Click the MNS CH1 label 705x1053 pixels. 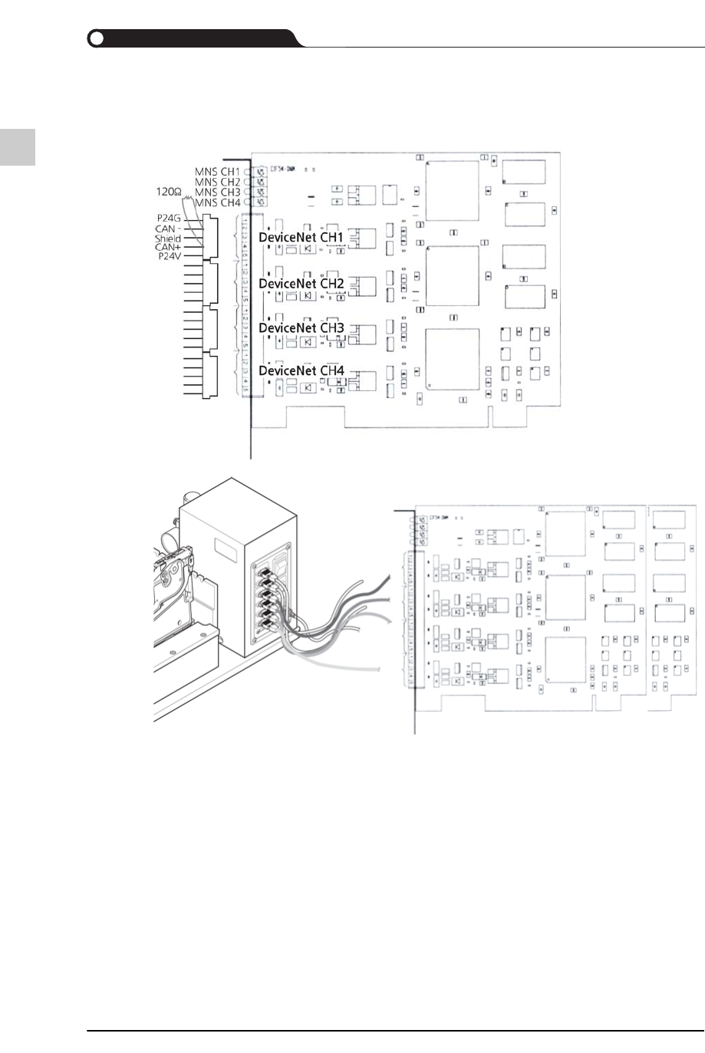(217, 171)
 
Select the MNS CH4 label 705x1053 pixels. (217, 202)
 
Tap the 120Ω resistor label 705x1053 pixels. (167, 190)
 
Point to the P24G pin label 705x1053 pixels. (168, 219)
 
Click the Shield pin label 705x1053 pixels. (167, 239)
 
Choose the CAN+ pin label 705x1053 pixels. (167, 247)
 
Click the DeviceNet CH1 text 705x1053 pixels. (301, 238)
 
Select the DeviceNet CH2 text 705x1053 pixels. (301, 283)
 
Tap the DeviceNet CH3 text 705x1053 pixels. (301, 327)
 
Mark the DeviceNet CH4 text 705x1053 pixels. (301, 370)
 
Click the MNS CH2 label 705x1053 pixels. (217, 182)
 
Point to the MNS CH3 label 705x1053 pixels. (217, 192)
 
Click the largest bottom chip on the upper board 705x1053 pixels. (453, 359)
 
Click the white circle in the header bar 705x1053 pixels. (96, 38)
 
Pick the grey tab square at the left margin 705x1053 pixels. (17, 146)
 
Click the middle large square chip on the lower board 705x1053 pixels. (566, 597)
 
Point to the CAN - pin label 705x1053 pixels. (167, 229)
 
